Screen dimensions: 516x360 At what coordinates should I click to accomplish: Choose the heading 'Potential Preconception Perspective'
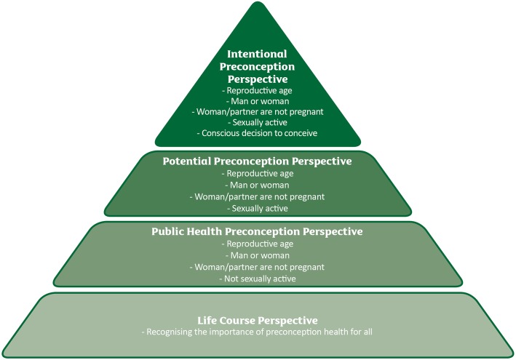[258, 161]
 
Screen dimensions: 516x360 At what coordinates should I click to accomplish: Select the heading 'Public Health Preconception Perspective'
[258, 232]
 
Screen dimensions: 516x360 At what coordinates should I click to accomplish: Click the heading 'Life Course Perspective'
[258, 320]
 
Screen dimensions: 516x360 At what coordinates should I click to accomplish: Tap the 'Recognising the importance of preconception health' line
[258, 332]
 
